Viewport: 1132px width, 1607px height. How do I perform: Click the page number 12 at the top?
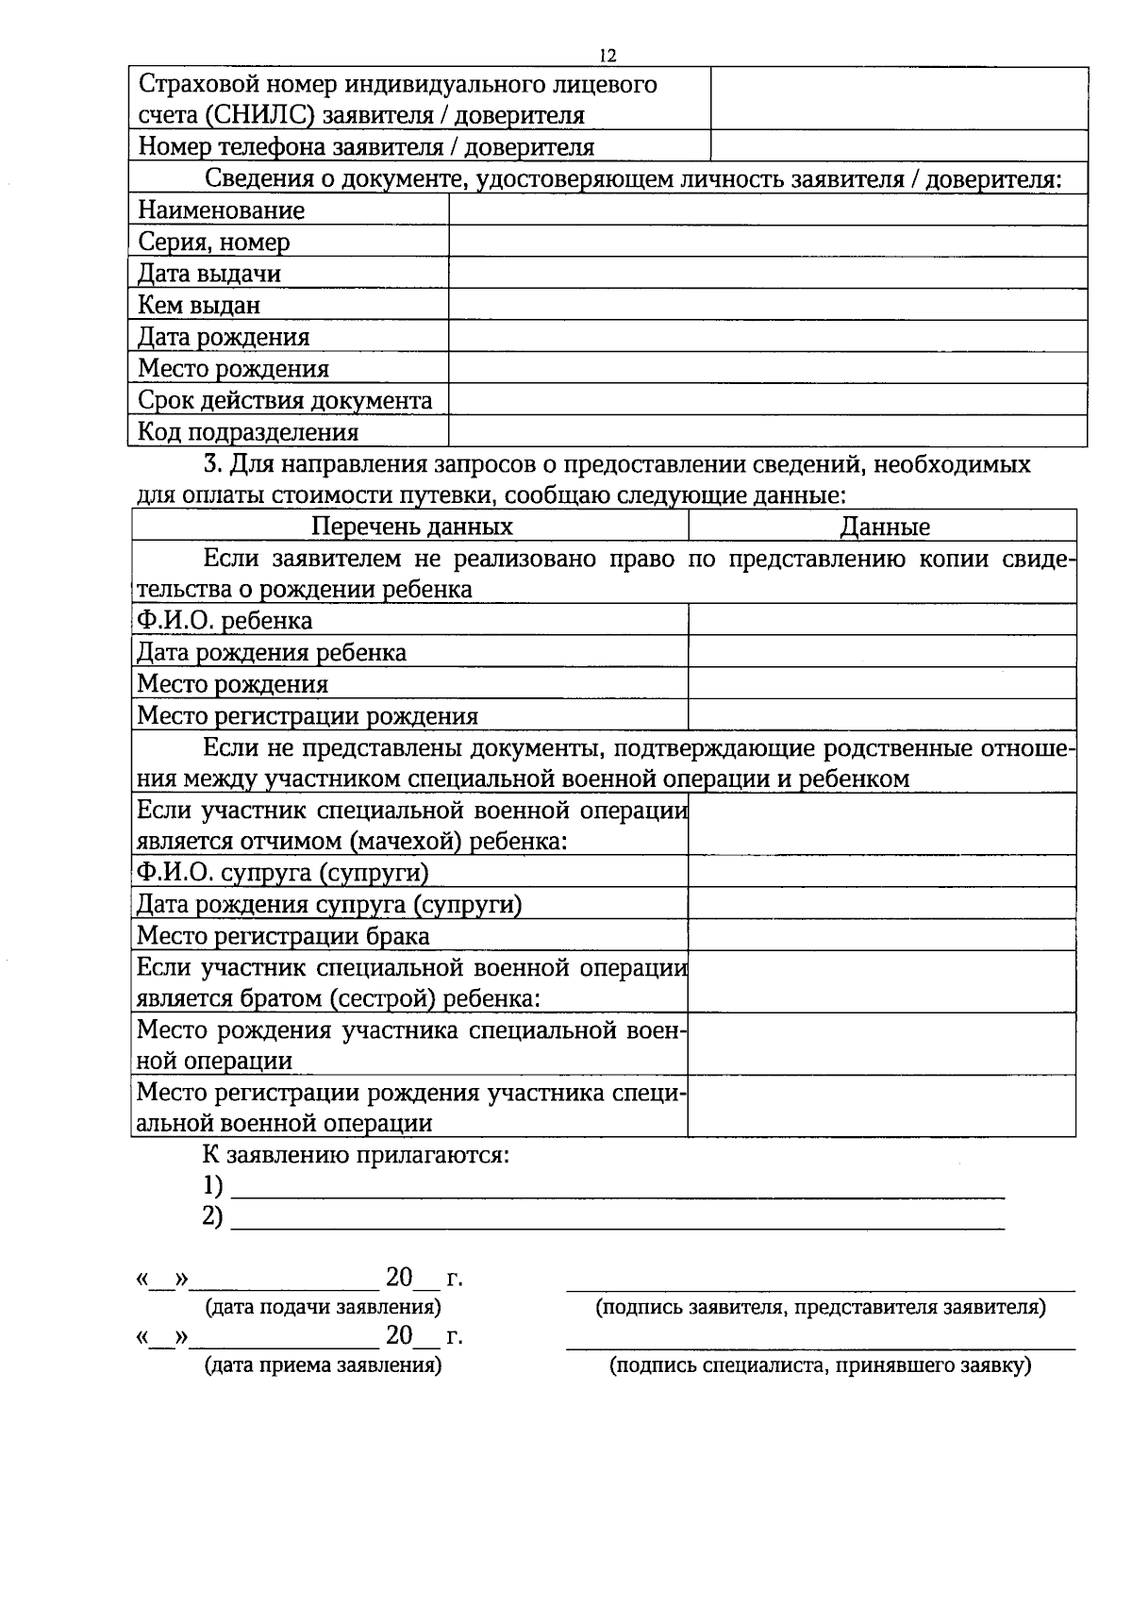(x=608, y=57)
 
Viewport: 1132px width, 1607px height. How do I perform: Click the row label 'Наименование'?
(x=222, y=210)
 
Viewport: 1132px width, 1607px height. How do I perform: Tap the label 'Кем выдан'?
(x=199, y=306)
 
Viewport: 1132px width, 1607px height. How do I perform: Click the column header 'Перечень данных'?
(x=412, y=527)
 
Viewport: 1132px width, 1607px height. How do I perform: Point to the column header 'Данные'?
(x=885, y=527)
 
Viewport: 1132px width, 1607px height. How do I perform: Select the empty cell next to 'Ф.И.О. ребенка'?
(x=882, y=620)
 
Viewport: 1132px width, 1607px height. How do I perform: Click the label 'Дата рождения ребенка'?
(x=272, y=652)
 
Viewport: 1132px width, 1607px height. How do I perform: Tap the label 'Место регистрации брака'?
(x=283, y=936)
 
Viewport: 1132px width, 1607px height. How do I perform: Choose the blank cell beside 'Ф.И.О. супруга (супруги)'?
(x=882, y=872)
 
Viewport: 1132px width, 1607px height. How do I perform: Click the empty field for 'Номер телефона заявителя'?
(x=898, y=146)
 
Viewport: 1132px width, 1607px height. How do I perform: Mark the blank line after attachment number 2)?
(x=618, y=1223)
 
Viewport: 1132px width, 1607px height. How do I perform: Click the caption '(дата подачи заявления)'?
(x=324, y=1308)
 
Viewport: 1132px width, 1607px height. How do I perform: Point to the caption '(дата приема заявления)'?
(x=324, y=1364)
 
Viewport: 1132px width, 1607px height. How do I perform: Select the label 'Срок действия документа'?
(x=285, y=400)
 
